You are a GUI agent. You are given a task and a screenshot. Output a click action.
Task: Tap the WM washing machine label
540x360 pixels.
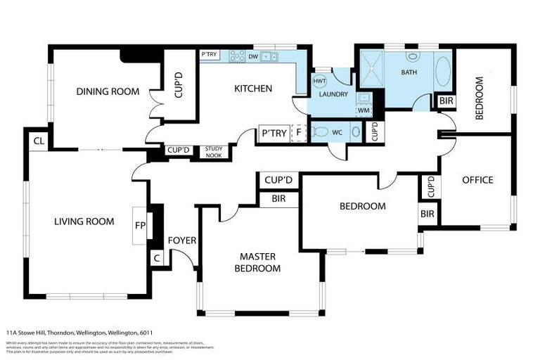(x=364, y=110)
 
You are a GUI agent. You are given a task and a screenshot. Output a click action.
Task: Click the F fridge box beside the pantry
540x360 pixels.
(x=298, y=133)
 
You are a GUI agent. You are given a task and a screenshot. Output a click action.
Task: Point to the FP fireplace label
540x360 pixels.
(x=140, y=226)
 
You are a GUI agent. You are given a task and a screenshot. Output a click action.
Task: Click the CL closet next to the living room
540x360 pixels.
(x=38, y=140)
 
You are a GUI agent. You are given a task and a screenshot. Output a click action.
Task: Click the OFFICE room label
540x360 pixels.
(x=477, y=180)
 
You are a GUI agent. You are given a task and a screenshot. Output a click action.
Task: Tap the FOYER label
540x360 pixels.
(x=181, y=240)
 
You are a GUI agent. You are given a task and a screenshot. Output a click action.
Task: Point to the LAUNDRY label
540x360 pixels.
(x=333, y=94)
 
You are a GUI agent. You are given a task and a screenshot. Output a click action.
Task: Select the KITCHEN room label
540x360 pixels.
(x=252, y=89)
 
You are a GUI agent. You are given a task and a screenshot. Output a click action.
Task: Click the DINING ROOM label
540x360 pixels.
(x=108, y=91)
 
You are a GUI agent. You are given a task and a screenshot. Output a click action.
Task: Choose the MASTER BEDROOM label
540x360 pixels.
(x=258, y=262)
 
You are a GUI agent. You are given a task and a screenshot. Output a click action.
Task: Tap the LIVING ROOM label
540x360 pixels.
(x=84, y=221)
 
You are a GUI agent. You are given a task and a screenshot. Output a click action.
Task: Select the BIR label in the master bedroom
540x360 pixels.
(x=278, y=200)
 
